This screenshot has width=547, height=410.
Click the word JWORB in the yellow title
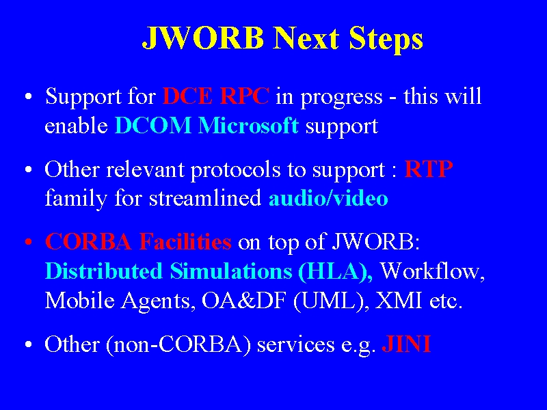(x=203, y=38)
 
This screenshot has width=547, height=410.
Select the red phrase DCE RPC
(x=216, y=96)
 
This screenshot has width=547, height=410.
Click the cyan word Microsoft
(x=248, y=125)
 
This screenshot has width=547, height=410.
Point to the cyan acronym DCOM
(x=153, y=125)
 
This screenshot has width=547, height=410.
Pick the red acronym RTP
(x=429, y=169)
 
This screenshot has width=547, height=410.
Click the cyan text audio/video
(x=328, y=198)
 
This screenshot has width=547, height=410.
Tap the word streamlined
(x=206, y=198)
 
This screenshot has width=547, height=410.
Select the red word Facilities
(x=185, y=241)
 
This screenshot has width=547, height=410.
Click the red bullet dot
(x=29, y=241)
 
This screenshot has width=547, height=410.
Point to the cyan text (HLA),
(x=336, y=271)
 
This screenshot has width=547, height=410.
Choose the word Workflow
(x=432, y=271)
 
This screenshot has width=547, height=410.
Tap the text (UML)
(x=331, y=301)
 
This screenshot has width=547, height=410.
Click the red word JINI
(x=406, y=344)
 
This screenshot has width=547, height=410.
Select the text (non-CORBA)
(x=178, y=345)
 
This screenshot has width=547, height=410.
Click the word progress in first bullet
(x=341, y=97)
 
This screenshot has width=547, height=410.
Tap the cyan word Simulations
(x=231, y=271)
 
